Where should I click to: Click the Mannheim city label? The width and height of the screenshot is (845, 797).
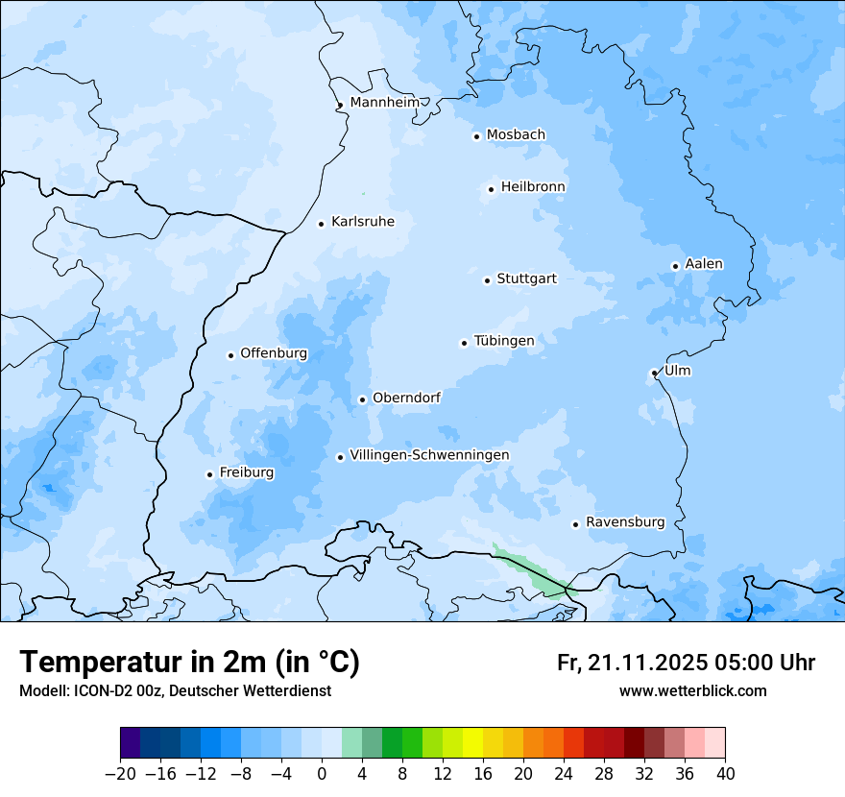point(384,102)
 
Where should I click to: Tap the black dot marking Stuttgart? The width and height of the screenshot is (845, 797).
point(487,280)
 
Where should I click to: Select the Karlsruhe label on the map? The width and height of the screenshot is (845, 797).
point(362,222)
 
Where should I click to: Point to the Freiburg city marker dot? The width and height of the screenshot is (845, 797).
point(209,474)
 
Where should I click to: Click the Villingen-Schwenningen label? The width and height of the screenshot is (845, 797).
point(429,455)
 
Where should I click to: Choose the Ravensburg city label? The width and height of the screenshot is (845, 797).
point(625,522)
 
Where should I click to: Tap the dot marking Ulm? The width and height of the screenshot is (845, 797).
point(654,373)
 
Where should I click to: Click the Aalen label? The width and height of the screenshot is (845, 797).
point(704,264)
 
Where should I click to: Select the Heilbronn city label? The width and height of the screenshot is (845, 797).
point(533,186)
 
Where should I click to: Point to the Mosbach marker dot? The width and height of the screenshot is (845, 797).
point(476,136)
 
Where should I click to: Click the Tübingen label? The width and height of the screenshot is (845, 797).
point(503,341)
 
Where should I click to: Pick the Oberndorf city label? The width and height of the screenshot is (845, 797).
point(406,398)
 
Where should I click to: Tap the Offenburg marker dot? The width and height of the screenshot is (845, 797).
point(230,355)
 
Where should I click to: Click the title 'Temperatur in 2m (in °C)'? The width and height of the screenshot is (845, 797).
point(189,663)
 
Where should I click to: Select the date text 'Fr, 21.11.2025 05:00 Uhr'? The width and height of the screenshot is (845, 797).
point(686,663)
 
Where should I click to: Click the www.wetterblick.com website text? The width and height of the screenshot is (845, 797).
point(692,690)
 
